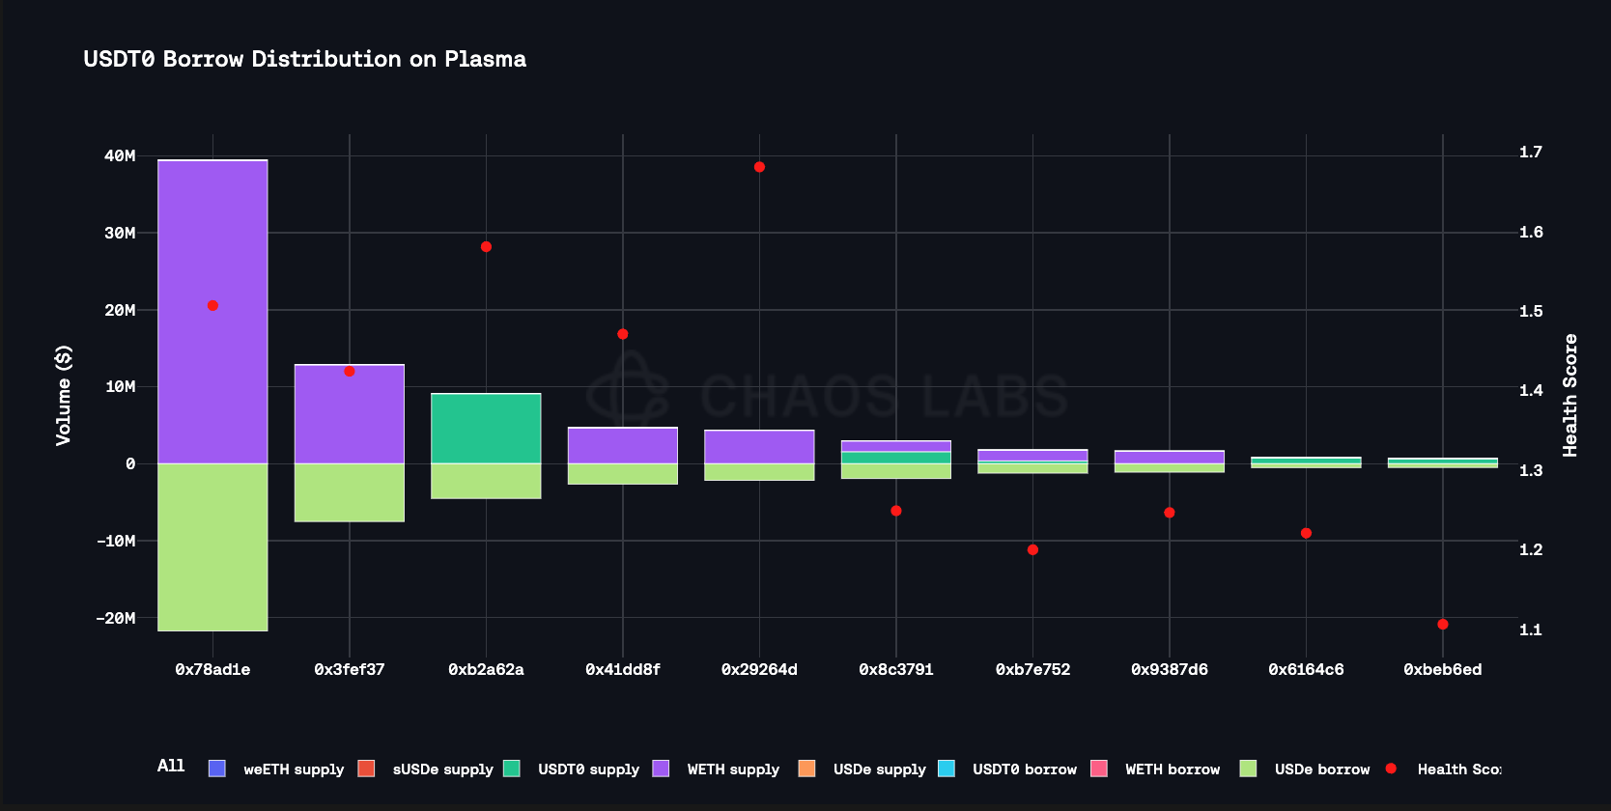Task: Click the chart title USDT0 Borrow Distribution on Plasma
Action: (304, 59)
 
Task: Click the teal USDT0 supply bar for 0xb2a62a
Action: (486, 429)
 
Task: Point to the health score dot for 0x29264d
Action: (759, 167)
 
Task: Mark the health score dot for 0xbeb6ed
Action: (1443, 625)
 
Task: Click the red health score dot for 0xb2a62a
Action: (486, 247)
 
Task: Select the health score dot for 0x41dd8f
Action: (623, 334)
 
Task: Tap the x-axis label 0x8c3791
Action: (896, 670)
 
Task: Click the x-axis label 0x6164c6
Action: (1306, 670)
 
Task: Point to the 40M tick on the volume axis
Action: (120, 155)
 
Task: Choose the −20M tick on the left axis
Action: (116, 618)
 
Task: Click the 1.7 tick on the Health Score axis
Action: (1531, 152)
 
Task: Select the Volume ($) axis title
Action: (64, 395)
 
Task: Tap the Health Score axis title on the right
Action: (1570, 395)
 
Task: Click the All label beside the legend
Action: (171, 766)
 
